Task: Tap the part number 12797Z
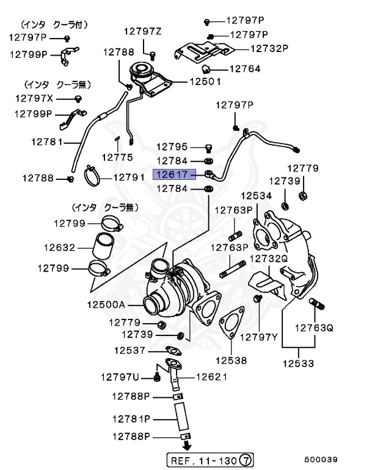(x=143, y=31)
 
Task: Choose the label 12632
(x=59, y=248)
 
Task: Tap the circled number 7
(x=245, y=459)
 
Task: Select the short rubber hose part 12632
(x=101, y=247)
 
